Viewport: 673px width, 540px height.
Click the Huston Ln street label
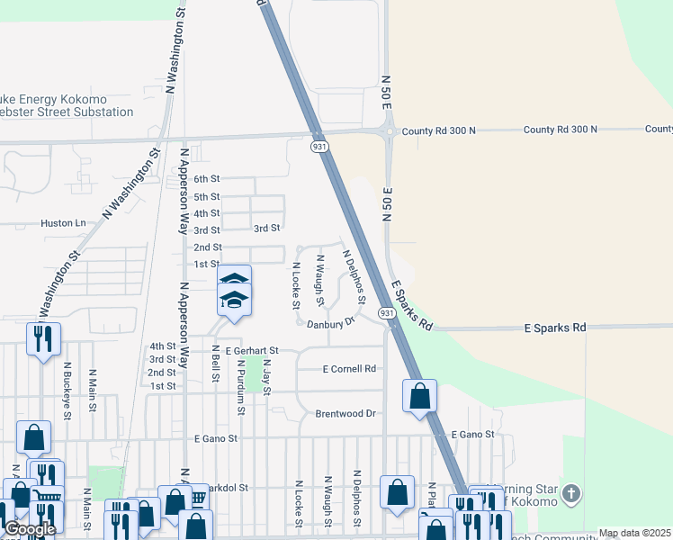(x=63, y=222)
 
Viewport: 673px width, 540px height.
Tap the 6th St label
(x=207, y=180)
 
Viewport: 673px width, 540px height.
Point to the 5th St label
(x=207, y=197)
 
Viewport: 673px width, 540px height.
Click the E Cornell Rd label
(x=349, y=369)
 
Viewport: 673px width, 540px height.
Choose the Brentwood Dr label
(x=345, y=414)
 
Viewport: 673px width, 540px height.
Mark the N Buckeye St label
(x=67, y=388)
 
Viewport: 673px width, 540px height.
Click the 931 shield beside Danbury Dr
(x=385, y=313)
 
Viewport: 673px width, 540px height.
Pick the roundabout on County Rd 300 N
(x=388, y=131)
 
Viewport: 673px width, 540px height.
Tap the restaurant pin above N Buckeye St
(x=43, y=338)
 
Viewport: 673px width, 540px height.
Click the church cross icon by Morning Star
(x=571, y=495)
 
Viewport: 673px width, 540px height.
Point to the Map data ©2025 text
(x=634, y=534)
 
